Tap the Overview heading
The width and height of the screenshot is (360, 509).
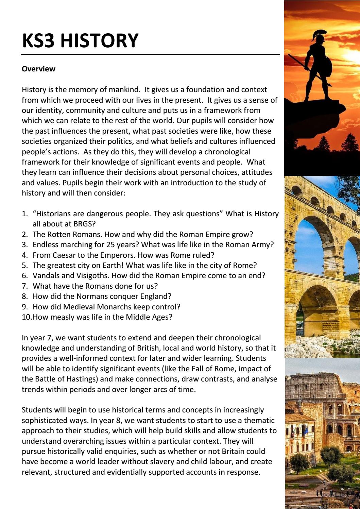38,69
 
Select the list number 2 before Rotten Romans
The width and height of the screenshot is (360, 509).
24,234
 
